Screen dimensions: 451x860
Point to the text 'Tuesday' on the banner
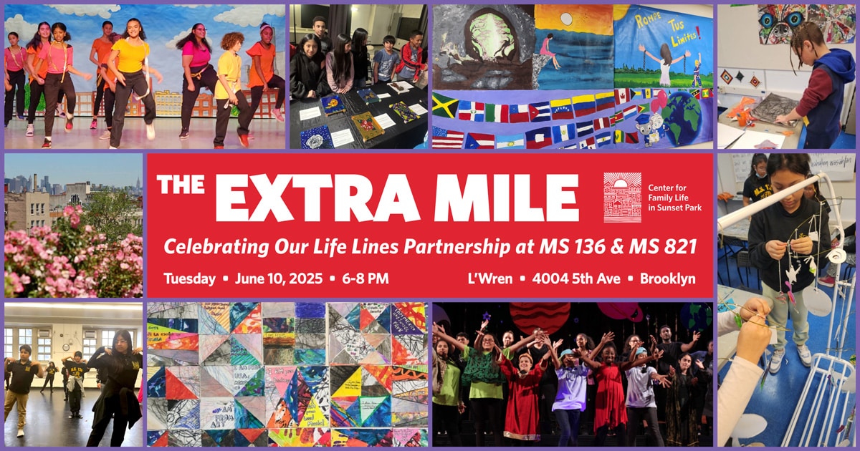point(189,278)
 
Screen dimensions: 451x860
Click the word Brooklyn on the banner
point(668,278)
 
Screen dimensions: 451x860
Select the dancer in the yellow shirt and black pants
point(130,79)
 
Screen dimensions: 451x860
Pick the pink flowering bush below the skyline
point(79,251)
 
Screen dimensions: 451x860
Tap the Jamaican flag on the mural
point(444,105)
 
